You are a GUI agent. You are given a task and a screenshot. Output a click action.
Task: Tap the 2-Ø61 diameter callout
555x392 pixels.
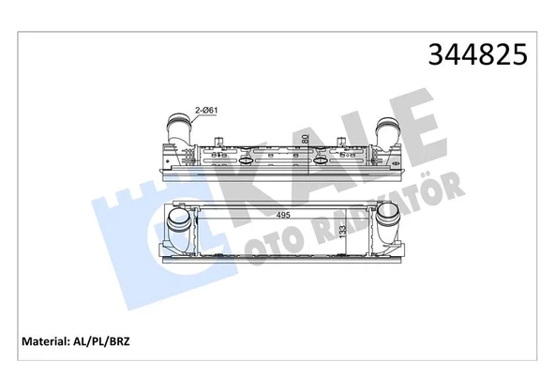pyautogui.click(x=207, y=111)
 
